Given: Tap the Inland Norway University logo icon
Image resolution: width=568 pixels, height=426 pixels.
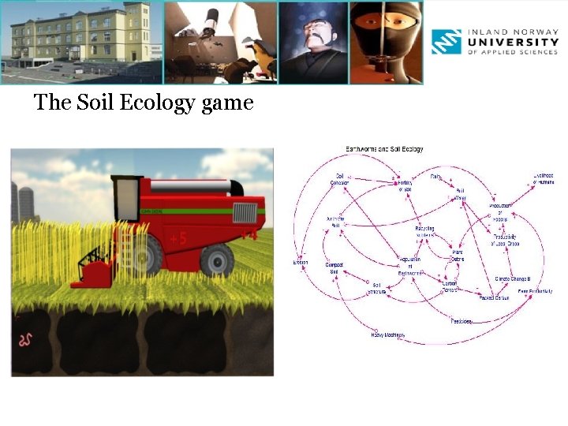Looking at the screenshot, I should coord(446,42).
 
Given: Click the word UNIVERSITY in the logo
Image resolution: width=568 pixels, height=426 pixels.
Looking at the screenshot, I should coord(514,42).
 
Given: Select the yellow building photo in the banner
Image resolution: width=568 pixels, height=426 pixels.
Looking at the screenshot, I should coord(81,42).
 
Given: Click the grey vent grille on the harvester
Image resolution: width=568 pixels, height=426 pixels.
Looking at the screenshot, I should coord(245,213).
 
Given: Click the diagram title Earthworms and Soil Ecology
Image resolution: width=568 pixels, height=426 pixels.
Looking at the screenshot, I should coord(384,149).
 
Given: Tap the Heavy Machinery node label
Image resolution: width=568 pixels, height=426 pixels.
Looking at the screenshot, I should coord(387,334).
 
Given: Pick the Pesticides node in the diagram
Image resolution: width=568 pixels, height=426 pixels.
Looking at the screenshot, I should coord(461,321).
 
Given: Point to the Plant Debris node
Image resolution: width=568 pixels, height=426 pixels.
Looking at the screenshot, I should coord(457,256).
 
